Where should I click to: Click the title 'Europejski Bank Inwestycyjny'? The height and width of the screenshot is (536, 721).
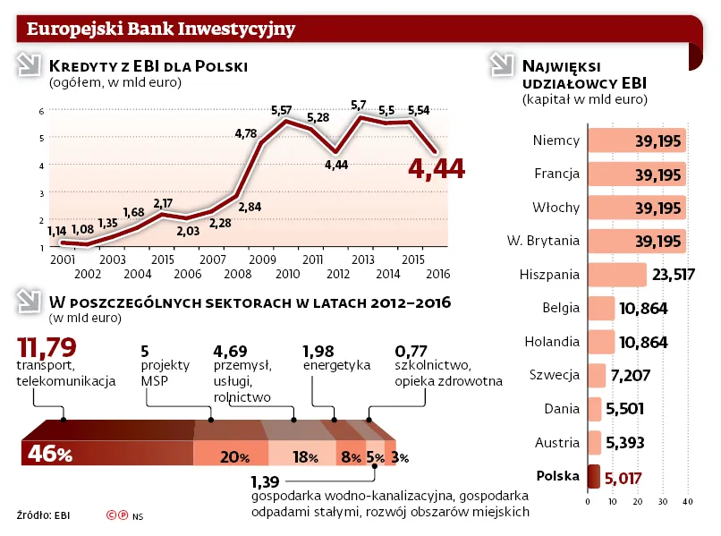pos(161,29)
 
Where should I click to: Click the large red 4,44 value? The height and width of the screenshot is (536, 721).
pos(437,168)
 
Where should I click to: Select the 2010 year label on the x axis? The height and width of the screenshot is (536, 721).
pos(287,273)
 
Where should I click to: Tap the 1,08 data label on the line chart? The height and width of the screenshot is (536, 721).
pos(82,230)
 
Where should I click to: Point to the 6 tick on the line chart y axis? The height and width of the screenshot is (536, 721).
pos(41,111)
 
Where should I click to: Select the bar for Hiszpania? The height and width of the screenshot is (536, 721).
pos(616,275)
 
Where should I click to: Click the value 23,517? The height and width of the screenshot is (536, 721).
pos(672,275)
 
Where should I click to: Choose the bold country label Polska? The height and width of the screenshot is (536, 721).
pos(556,476)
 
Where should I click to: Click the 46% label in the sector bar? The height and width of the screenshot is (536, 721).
pos(50,455)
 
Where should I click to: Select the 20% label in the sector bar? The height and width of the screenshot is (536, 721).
pos(234,457)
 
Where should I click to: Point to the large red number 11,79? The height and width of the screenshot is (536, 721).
pos(47,346)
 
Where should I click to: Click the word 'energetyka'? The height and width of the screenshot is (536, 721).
pos(336,365)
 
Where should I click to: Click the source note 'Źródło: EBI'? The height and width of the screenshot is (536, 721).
pos(43,515)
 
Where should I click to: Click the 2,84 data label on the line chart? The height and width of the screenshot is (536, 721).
pos(250,207)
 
